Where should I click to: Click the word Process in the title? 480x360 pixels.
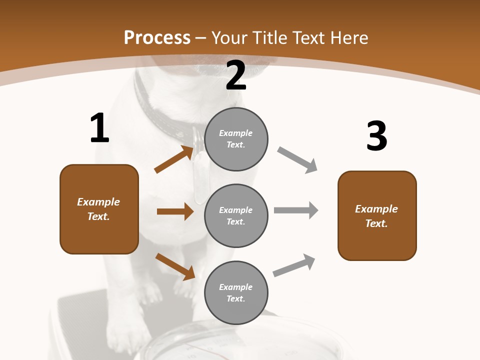[x=157, y=38]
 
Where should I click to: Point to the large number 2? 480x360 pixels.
[x=236, y=75]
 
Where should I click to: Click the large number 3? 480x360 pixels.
[x=376, y=136]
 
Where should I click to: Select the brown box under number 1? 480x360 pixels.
[x=99, y=209]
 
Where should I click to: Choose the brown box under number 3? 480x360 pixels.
[x=377, y=215]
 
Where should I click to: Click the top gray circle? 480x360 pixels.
[x=236, y=139]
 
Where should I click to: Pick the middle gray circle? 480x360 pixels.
[x=236, y=215]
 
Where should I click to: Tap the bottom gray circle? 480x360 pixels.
[x=236, y=292]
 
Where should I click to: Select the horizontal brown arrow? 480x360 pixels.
[x=175, y=211]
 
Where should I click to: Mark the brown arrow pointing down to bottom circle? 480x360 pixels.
[x=175, y=266]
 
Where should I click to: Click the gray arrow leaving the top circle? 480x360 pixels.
[x=297, y=160]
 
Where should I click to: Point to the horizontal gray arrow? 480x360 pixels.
[x=295, y=210]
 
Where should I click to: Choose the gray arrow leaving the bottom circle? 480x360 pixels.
[x=294, y=265]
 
